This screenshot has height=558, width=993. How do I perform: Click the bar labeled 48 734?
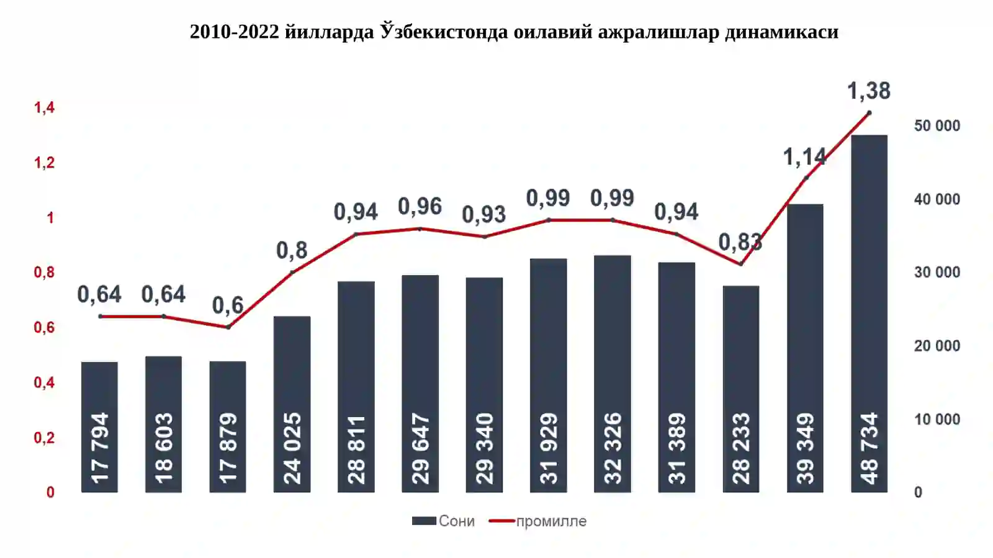coord(869,313)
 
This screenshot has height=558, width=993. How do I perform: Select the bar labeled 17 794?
coord(99,427)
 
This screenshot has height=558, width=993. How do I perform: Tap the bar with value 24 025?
coord(292,404)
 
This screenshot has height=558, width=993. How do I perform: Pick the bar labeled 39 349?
coord(805,348)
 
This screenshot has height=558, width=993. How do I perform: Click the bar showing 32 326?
coord(612,374)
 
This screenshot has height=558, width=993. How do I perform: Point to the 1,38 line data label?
coord(868,91)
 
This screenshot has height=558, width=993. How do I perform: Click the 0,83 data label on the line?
coord(740,242)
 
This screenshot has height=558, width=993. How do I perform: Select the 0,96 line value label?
coord(420,207)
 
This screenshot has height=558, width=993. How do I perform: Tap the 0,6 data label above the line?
coord(228,305)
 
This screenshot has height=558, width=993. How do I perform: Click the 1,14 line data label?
coord(804,157)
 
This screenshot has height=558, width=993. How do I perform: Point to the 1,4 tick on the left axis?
coord(44,107)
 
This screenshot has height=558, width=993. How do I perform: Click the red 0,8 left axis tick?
coord(44,272)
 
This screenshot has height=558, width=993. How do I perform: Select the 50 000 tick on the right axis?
coord(937,126)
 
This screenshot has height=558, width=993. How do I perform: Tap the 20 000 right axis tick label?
coord(937,346)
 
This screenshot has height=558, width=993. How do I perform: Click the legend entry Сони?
coord(443,521)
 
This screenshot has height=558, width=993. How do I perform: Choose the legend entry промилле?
coord(537,521)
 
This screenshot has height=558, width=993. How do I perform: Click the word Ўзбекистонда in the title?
coord(444,32)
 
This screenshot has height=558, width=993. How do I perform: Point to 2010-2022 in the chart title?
coord(235,32)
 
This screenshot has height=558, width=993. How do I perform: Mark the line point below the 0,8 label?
coord(292,272)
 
